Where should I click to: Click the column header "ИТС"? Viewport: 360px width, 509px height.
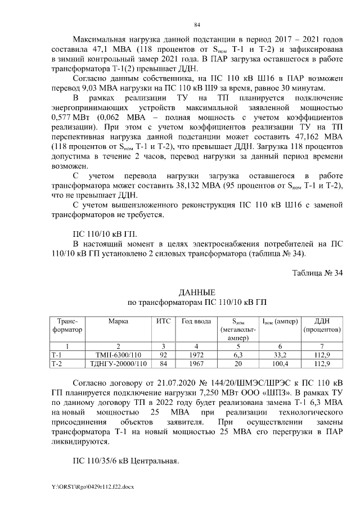[x=163, y=321]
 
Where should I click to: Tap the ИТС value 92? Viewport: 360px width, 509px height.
[x=163, y=355]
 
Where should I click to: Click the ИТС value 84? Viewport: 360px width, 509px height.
[x=163, y=364]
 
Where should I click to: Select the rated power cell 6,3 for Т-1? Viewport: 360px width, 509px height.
[x=237, y=355]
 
